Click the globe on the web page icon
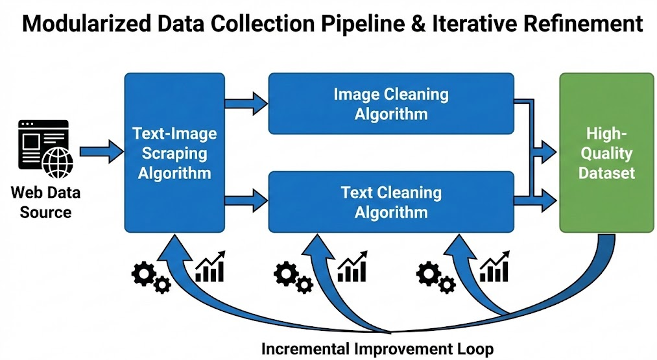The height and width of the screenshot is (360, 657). point(58,162)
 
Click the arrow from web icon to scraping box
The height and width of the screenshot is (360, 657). point(101,152)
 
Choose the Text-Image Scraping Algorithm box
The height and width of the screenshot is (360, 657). point(174,152)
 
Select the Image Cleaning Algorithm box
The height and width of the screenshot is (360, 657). point(390,104)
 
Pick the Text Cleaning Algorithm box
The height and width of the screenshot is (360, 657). point(390,202)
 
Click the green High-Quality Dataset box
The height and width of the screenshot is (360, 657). point(606,152)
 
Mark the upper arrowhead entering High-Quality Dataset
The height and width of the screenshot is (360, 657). point(546,153)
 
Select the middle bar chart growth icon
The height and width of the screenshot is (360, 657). point(352,267)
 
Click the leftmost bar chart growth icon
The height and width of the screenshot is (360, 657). point(210,267)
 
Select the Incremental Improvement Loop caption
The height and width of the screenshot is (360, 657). point(377,348)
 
